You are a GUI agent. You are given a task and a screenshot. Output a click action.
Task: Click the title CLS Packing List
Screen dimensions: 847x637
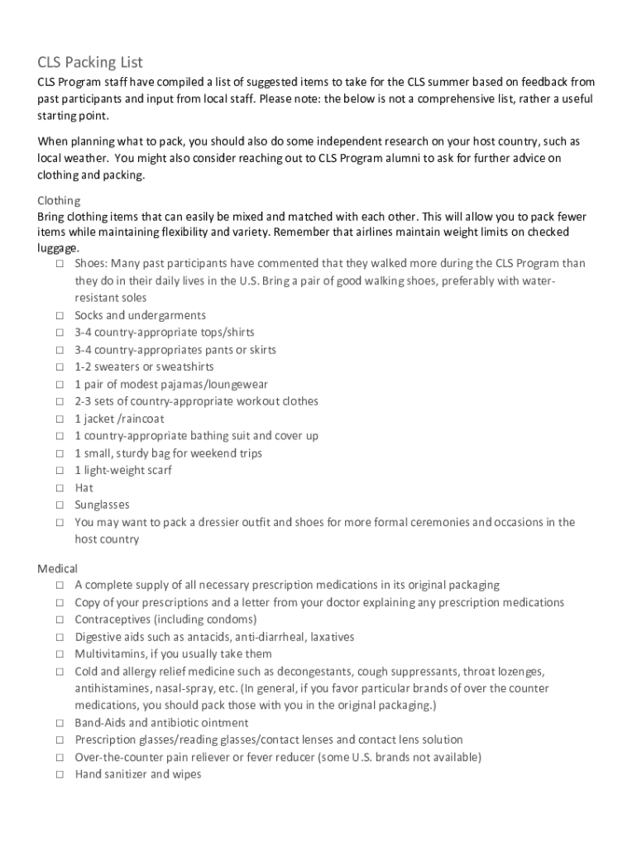[90, 62]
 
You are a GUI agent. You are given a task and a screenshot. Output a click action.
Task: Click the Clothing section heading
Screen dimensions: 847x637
[59, 200]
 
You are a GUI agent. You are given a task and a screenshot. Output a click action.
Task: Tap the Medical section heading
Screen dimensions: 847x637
[58, 568]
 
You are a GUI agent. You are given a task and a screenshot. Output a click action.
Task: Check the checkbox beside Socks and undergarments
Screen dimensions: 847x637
[60, 315]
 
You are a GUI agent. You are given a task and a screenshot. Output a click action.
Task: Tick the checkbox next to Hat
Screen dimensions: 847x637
[60, 487]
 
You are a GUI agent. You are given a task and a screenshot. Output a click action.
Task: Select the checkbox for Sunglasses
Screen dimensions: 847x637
[60, 505]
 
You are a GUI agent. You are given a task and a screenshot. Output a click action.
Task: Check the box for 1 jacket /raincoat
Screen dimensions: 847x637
[60, 419]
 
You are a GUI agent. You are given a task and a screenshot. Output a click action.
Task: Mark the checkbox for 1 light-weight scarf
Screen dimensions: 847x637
[60, 470]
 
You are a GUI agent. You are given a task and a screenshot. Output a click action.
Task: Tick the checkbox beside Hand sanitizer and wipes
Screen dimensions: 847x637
[60, 774]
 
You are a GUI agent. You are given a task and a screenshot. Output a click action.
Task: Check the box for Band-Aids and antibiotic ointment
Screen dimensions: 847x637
[60, 722]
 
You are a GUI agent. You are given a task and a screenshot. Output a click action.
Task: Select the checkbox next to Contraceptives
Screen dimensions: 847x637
[60, 620]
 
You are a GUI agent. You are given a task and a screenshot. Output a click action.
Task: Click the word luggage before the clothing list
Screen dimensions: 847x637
[58, 247]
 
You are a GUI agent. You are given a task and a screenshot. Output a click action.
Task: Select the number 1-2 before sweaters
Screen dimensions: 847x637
[84, 366]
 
